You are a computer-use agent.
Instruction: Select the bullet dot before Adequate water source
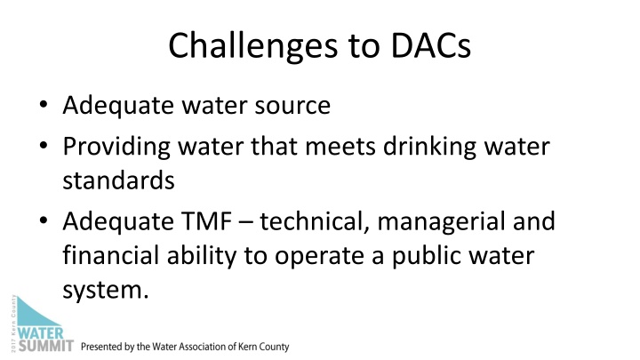44,108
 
